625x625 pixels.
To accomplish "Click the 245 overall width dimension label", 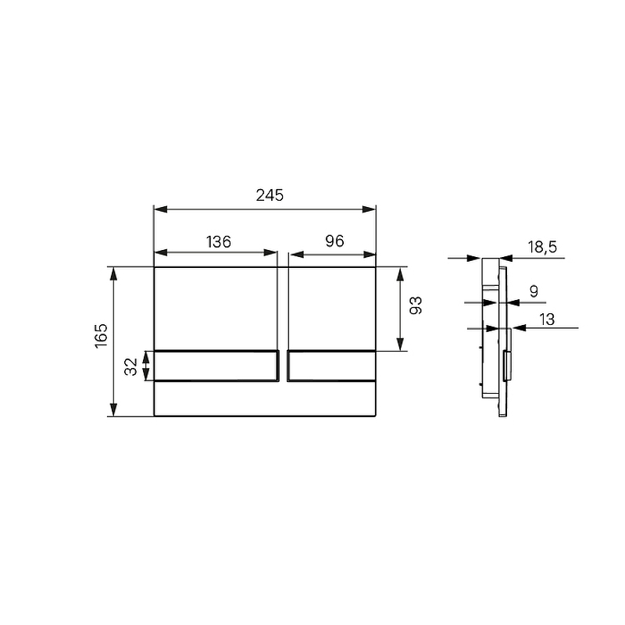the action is coord(270,195).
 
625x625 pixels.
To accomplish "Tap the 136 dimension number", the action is coord(219,241).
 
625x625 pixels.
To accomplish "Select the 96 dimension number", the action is coord(334,241).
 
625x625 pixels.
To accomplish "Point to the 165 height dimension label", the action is coord(102,336).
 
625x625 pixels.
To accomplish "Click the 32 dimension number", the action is coord(130,366).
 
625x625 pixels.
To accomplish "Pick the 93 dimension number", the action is coord(416,305).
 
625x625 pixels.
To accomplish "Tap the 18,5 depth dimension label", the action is coord(542,247).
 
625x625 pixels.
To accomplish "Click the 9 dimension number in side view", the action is coord(534,291).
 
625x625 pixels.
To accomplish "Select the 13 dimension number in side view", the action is coord(547,320).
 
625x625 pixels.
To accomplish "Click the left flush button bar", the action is coord(216,366).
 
